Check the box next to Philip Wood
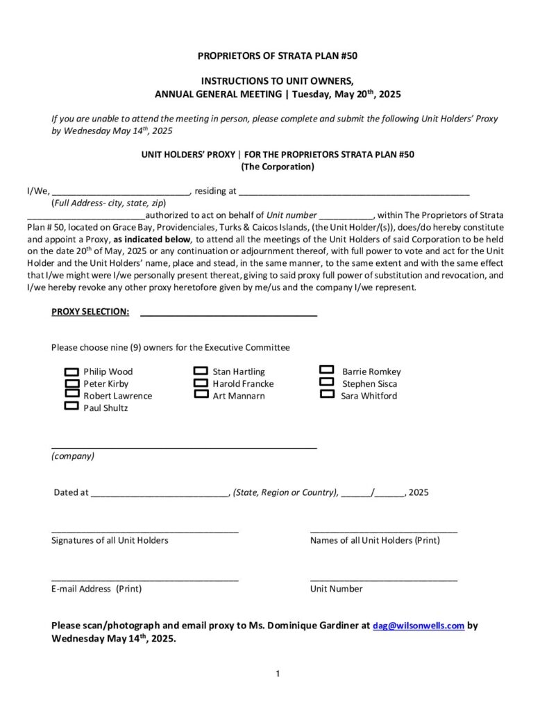[71, 371]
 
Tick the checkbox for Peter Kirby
[71, 383]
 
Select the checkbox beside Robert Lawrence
[71, 394]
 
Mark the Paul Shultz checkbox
[71, 406]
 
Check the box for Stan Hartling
[201, 371]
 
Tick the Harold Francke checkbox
[201, 383]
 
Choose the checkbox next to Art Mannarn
[201, 394]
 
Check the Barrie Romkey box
[328, 371]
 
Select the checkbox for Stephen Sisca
[328, 382]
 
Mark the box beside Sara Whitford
[328, 394]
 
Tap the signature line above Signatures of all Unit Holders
[145, 530]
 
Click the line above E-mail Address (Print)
[145, 578]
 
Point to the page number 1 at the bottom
[278, 673]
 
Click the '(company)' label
[73, 456]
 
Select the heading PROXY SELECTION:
[90, 312]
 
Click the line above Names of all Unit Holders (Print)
[383, 530]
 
